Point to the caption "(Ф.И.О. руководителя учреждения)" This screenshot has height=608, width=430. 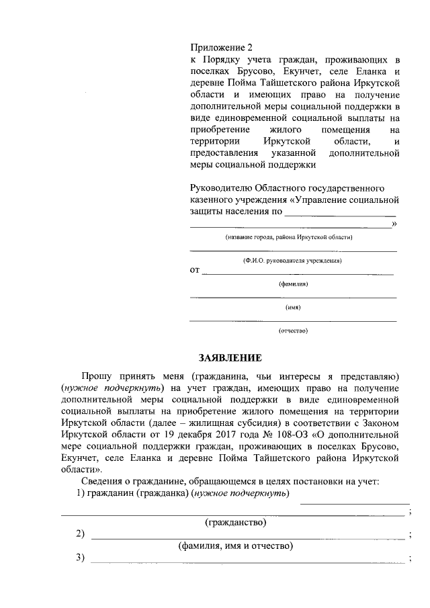point(293,260)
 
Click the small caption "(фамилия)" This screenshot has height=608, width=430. point(293,284)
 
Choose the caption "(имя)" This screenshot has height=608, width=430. point(293,308)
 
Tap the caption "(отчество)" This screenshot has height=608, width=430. point(293,331)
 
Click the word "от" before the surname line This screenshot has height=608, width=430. point(195,271)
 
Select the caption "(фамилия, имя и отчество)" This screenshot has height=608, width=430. point(235,546)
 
